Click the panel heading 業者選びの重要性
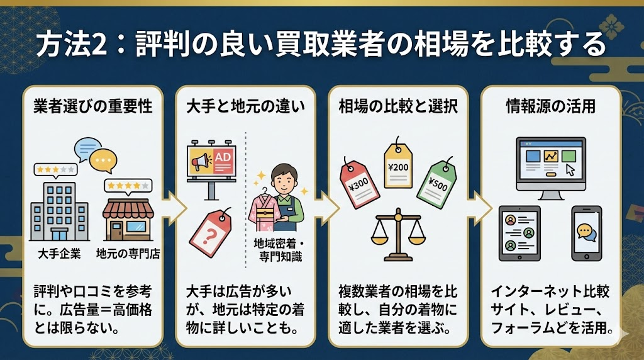coord(92,106)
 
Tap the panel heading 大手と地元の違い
coord(246,106)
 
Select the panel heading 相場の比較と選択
coord(397,106)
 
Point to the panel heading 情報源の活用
coord(550,106)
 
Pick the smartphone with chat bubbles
coord(586,233)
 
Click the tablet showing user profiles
coord(519,233)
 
